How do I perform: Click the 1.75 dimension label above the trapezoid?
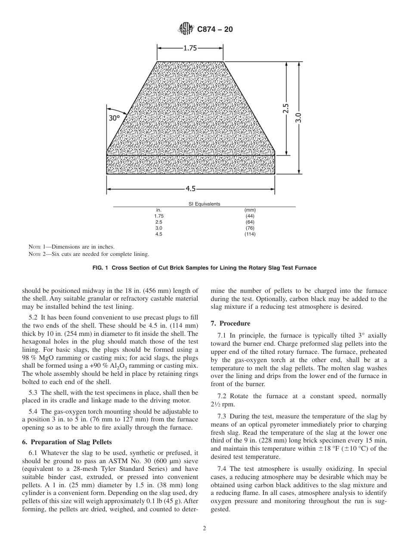190,48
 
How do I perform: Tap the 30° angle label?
114,118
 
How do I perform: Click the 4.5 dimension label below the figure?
190,188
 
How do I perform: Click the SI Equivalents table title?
204,204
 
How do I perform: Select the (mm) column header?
250,210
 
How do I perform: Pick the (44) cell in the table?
250,216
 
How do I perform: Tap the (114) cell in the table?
250,234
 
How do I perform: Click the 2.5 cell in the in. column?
159,222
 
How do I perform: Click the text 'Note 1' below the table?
36,247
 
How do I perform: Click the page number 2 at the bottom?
204,529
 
